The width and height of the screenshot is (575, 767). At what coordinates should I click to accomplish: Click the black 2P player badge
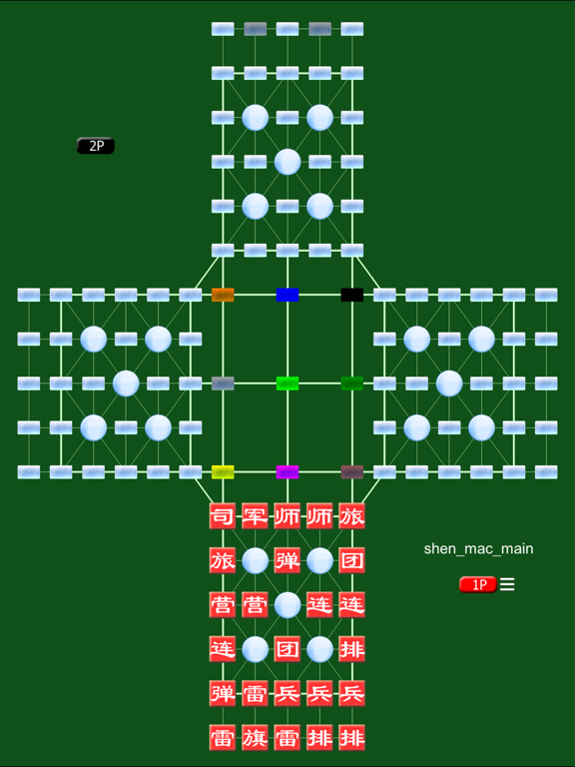pos(96,146)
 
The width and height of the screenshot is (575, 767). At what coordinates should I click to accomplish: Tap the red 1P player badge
pos(478,584)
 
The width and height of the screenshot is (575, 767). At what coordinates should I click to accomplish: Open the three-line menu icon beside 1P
pos(507,584)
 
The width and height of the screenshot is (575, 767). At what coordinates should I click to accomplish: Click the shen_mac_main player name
pos(478,549)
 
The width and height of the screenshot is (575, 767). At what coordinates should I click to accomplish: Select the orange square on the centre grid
pos(223,295)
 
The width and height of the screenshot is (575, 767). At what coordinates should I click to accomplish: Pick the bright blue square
pos(287,295)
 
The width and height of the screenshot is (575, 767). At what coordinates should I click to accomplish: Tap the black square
pos(352,295)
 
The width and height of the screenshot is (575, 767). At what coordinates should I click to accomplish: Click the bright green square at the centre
pos(287,383)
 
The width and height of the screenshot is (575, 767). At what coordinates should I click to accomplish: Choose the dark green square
pos(352,383)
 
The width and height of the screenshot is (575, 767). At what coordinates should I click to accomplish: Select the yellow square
pos(223,472)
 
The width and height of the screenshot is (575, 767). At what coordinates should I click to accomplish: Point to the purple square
pos(287,472)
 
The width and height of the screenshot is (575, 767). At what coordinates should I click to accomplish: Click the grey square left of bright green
pos(223,383)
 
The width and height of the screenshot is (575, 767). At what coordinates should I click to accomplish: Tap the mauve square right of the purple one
pos(352,472)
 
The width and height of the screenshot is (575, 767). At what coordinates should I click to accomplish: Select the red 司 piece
pos(223,516)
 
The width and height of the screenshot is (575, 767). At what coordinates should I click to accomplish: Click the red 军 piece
pos(256,516)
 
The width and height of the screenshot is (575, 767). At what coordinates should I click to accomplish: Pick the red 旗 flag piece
pos(256,738)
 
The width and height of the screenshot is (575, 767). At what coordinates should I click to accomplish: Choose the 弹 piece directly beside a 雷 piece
pos(223,693)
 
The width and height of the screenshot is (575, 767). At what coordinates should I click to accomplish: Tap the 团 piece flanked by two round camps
pos(287,649)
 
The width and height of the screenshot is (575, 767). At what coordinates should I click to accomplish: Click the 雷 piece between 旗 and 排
pos(287,738)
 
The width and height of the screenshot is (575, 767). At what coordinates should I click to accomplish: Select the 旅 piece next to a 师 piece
pos(352,516)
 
